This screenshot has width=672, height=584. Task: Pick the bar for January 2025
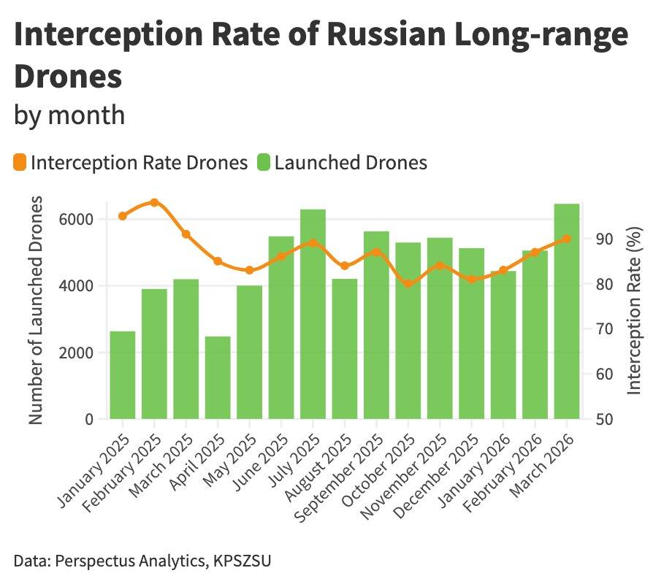click(x=123, y=375)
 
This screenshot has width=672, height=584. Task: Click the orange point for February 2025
click(x=154, y=202)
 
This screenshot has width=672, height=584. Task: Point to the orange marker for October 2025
click(x=408, y=283)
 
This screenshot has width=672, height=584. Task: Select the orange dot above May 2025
click(x=250, y=270)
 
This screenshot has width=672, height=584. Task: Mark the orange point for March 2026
click(x=567, y=239)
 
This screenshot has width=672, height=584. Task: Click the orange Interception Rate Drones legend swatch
click(x=20, y=162)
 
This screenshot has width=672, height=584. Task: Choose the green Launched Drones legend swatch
click(x=263, y=162)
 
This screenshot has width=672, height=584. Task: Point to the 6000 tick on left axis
click(x=77, y=219)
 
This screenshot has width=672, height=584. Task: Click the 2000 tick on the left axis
click(x=77, y=353)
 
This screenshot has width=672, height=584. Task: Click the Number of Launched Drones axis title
click(x=38, y=310)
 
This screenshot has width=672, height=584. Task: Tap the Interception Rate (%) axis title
click(x=634, y=310)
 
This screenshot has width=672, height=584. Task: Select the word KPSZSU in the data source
click(x=246, y=561)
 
